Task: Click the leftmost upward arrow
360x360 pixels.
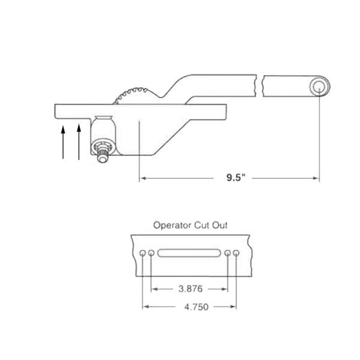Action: tap(63, 142)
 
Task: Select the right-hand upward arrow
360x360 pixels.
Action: tap(79, 142)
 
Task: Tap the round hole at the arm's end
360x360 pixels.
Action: tap(319, 88)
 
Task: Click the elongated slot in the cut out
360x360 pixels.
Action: tap(188, 254)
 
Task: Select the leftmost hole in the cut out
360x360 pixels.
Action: tap(142, 254)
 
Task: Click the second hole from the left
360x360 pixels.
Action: tap(151, 254)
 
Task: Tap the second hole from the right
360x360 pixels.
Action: tap(227, 254)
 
